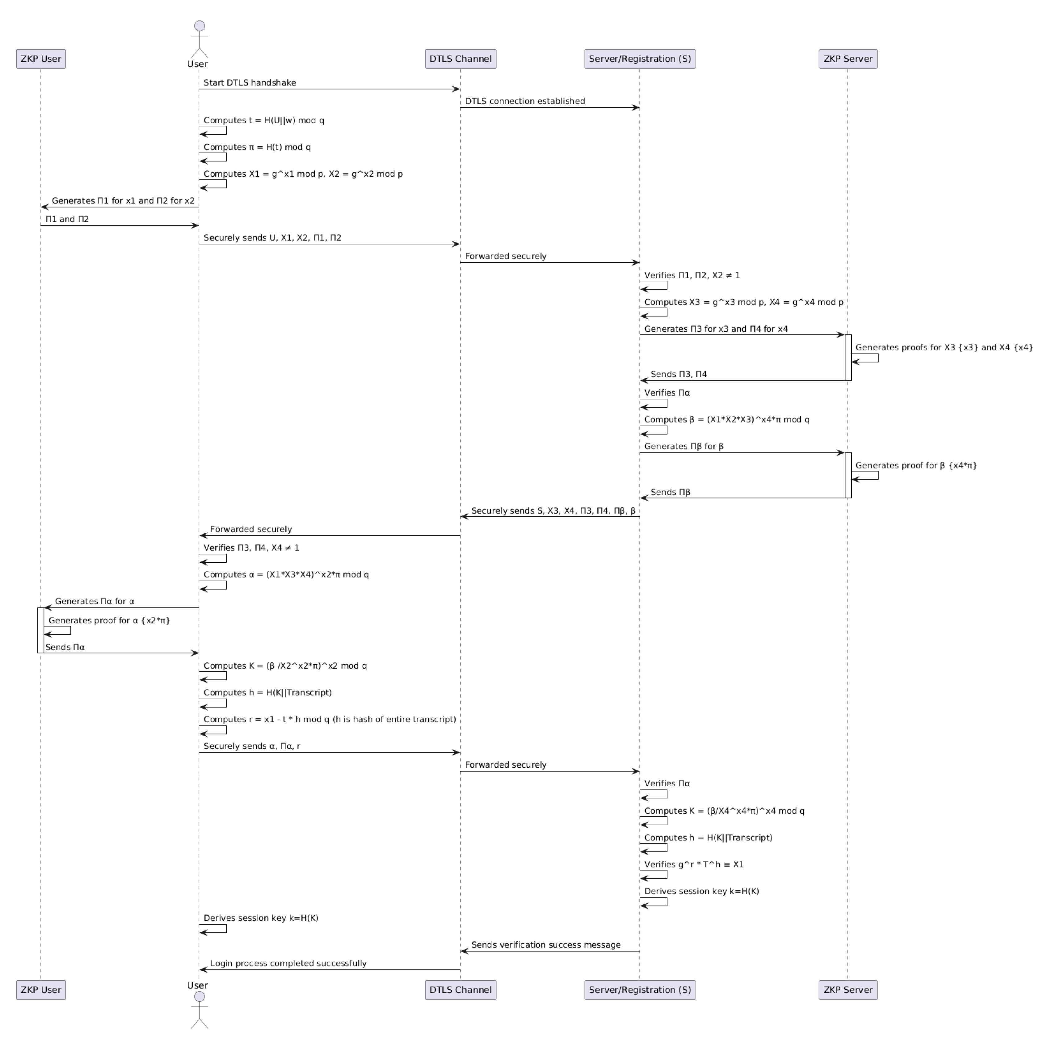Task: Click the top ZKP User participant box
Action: [x=41, y=59]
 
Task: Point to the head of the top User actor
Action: [x=199, y=26]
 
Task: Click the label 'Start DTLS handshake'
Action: [x=250, y=82]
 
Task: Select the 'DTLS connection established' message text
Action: [x=525, y=101]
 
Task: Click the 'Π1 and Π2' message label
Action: [x=67, y=219]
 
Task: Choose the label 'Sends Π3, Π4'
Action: [x=679, y=374]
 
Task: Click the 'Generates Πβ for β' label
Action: [x=683, y=446]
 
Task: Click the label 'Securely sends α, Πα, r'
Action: [x=252, y=746]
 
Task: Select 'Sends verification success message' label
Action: [x=546, y=945]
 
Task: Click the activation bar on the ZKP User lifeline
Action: [x=40, y=630]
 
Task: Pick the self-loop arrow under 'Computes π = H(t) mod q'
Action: [x=213, y=157]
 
